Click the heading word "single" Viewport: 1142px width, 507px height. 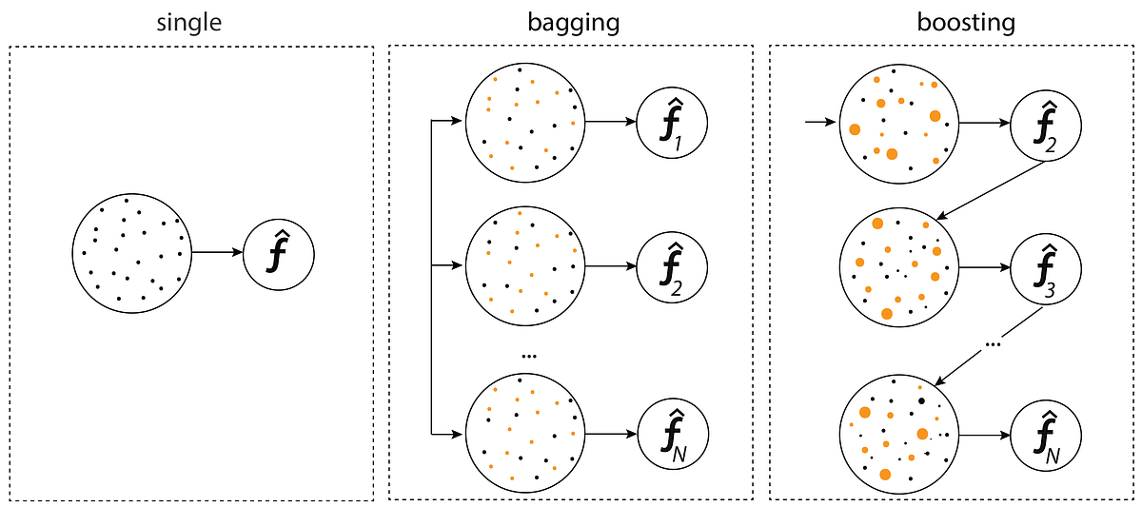[189, 21]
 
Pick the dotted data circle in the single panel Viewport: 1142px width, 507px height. [132, 253]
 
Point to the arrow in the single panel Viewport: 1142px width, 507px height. [218, 253]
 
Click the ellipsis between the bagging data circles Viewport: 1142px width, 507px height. [530, 356]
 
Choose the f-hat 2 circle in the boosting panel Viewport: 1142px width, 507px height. [1045, 124]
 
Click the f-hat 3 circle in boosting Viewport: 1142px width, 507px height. [1045, 267]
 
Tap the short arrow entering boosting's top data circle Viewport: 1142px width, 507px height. [819, 123]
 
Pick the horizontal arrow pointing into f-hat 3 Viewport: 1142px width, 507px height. [984, 267]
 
